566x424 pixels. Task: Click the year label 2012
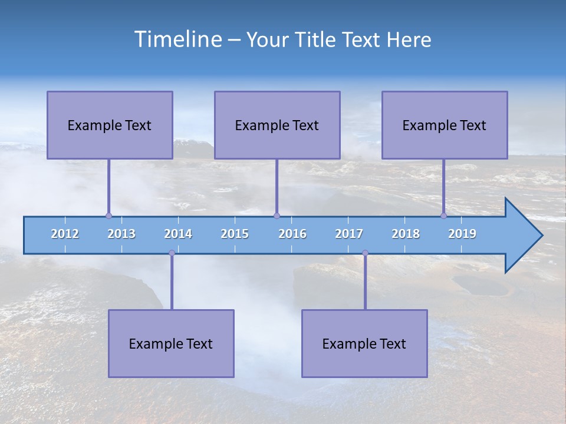[65, 234]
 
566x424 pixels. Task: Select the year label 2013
[121, 234]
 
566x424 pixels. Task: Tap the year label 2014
[178, 234]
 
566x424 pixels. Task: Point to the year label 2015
[235, 234]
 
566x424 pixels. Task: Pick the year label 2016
[292, 234]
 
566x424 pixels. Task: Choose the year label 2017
[349, 234]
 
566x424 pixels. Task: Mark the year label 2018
[406, 234]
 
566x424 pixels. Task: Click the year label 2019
[462, 234]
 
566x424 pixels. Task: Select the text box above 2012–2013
[110, 125]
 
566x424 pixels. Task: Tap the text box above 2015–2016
[277, 125]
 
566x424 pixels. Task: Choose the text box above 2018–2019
[445, 125]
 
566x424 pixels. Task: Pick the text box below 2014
[171, 343]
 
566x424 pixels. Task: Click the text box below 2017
[364, 343]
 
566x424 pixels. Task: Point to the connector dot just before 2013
[108, 216]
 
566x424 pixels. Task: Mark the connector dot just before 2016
[277, 216]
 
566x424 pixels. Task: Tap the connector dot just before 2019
[443, 216]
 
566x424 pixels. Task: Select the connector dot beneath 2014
[172, 253]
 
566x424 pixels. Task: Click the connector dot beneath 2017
[365, 253]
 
